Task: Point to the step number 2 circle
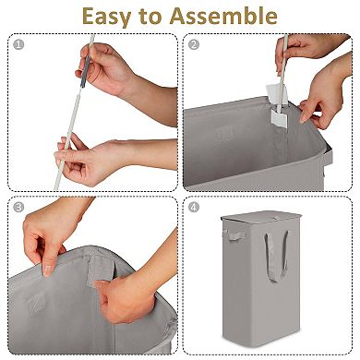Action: coord(194,43)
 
